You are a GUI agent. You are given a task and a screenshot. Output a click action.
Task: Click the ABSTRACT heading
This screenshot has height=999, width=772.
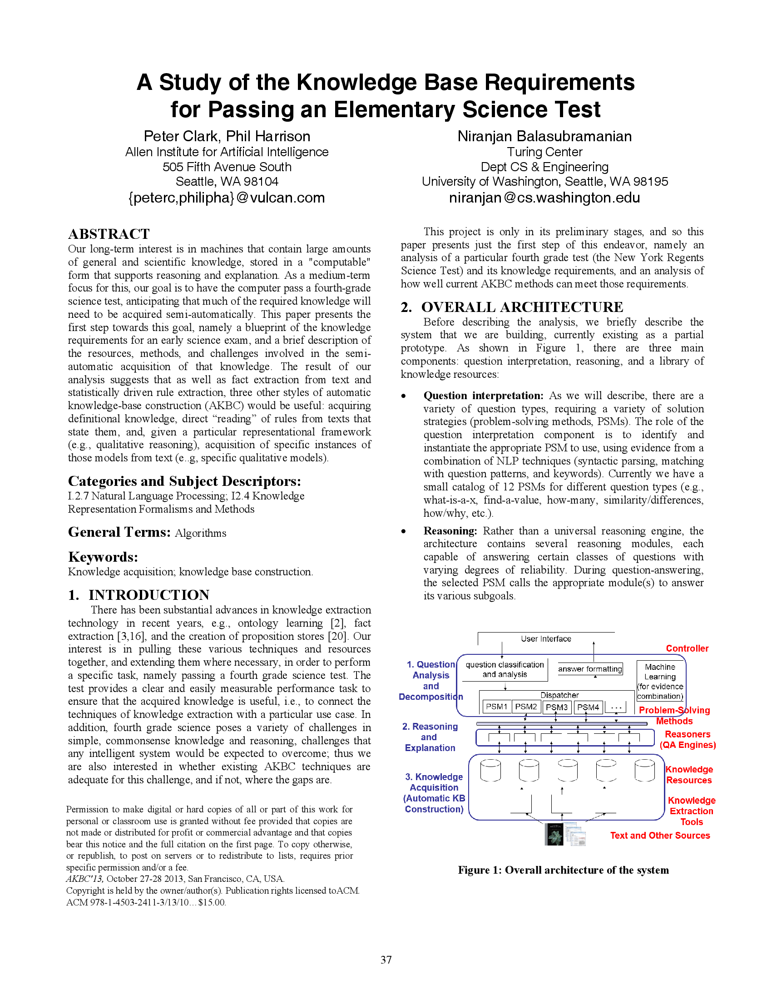[x=109, y=234]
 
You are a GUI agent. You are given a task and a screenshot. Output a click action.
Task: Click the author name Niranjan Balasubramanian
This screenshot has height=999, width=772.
[x=544, y=136]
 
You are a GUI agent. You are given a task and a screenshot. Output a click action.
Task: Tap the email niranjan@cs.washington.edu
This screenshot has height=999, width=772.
[x=544, y=198]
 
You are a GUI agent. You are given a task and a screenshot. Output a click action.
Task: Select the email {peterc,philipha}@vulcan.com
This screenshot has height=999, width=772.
[x=227, y=198]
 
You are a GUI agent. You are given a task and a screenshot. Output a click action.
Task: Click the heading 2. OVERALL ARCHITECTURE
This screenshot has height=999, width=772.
[x=512, y=307]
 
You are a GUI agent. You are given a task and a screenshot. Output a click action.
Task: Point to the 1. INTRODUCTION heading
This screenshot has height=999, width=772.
[x=139, y=595]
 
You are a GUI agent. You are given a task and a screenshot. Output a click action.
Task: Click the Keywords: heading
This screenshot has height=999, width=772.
[x=103, y=557]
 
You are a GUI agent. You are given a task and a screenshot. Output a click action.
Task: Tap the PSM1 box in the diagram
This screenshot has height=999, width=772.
[x=496, y=707]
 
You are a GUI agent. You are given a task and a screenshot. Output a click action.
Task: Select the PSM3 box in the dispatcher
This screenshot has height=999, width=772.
[x=557, y=707]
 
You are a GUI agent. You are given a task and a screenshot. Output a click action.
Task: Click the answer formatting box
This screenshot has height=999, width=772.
[x=590, y=669]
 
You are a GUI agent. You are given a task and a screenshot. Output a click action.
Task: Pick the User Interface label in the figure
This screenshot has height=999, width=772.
[x=545, y=638]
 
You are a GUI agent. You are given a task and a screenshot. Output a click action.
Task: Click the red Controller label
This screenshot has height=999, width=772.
[x=687, y=648]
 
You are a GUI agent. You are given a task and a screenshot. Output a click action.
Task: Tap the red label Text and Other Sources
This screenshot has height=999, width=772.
[x=659, y=835]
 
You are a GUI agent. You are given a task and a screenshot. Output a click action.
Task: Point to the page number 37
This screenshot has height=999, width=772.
[x=386, y=959]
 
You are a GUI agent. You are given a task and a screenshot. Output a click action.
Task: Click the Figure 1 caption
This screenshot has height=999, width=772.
[x=563, y=870]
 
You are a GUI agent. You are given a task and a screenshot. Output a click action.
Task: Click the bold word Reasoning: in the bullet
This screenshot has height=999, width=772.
[x=450, y=530]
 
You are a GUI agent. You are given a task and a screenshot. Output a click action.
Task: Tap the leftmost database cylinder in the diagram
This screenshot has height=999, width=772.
[x=490, y=770]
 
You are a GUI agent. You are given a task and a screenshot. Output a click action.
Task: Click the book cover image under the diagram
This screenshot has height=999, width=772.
[x=554, y=834]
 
